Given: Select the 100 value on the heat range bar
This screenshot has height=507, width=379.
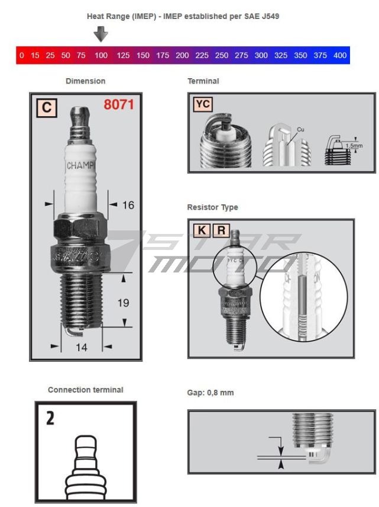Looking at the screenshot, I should click(x=101, y=56).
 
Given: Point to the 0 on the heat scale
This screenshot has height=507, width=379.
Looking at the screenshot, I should click(x=22, y=56).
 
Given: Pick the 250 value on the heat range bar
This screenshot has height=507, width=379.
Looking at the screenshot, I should click(x=221, y=56).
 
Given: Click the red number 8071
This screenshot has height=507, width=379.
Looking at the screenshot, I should click(x=119, y=105).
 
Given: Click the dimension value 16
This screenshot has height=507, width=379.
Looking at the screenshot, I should click(x=128, y=205).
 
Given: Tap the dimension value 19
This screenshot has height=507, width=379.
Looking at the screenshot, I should click(x=123, y=303).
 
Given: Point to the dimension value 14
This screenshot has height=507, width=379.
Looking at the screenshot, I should click(x=82, y=348).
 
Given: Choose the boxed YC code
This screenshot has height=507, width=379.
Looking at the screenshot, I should click(x=203, y=105).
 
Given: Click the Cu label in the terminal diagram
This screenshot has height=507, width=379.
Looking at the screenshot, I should click(x=300, y=129).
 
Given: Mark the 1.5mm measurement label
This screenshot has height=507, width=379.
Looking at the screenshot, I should click(x=354, y=144).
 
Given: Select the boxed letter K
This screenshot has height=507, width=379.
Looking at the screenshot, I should click(x=201, y=230).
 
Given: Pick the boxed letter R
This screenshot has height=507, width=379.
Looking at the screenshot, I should click(x=221, y=230).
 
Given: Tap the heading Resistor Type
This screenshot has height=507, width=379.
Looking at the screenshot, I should click(x=212, y=207).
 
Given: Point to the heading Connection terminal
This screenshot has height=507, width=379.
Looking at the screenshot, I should click(x=85, y=390).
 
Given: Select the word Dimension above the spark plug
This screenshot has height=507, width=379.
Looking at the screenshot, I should click(x=85, y=81).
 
